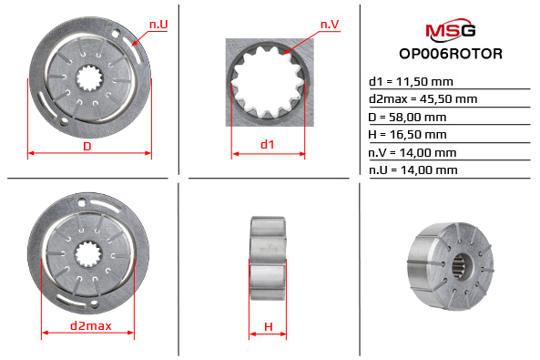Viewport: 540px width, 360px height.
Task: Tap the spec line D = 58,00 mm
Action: (407, 117)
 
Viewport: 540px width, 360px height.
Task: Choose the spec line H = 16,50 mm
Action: (407, 134)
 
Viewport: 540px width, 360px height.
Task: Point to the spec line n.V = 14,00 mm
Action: (413, 152)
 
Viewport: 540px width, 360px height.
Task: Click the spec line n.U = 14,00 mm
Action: (413, 170)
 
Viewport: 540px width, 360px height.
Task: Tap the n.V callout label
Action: (330, 22)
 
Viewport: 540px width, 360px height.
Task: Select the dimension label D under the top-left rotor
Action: (87, 146)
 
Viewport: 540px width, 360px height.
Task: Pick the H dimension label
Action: (269, 325)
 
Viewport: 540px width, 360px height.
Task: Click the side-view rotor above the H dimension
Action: (269, 255)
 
